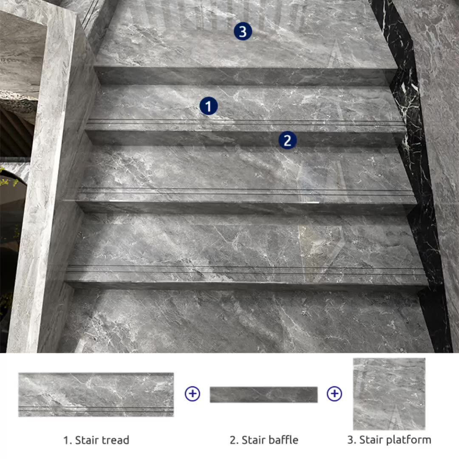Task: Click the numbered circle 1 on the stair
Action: [209, 106]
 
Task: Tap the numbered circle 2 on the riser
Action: [287, 140]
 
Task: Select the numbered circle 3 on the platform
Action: [243, 32]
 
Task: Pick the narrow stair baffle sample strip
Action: [263, 394]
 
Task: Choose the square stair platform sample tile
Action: [389, 394]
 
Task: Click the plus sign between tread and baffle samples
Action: [192, 394]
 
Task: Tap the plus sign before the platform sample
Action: [334, 394]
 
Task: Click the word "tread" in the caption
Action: [114, 440]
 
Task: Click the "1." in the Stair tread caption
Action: [68, 440]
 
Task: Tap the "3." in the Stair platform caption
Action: [351, 440]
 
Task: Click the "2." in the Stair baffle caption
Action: [234, 440]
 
